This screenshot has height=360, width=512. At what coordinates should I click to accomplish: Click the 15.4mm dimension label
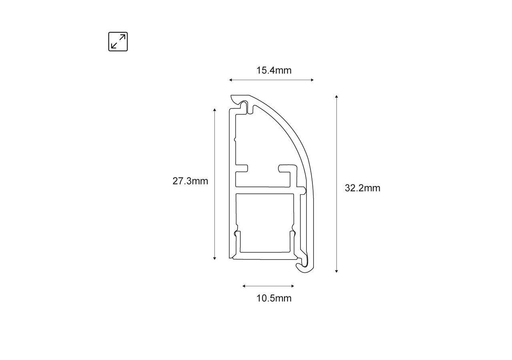(x=274, y=71)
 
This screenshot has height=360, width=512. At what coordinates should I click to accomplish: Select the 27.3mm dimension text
(x=190, y=181)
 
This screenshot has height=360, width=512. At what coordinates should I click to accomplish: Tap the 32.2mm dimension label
(x=362, y=188)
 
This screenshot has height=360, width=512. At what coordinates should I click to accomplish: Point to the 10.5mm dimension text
(x=274, y=298)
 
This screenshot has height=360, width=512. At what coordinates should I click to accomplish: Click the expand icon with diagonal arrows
(x=118, y=42)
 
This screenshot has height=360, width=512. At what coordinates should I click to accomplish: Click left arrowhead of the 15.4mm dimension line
(x=230, y=80)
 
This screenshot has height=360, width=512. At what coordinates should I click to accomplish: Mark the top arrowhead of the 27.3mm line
(x=215, y=110)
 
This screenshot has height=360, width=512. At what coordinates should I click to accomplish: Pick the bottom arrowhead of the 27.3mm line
(x=215, y=258)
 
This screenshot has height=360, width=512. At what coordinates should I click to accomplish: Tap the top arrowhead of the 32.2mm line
(x=337, y=97)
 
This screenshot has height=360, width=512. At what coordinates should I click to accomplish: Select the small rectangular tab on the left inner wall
(x=242, y=168)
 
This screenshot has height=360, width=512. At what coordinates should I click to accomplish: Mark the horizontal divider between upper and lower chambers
(x=264, y=190)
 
